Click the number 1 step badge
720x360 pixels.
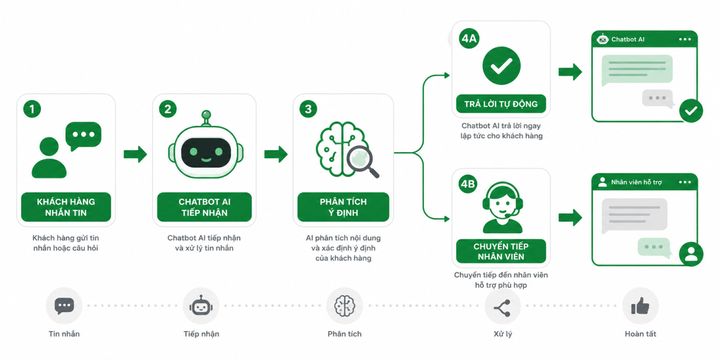(x=32, y=109)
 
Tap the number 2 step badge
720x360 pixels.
(x=168, y=109)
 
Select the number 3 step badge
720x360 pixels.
(x=308, y=109)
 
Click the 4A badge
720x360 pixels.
(x=469, y=39)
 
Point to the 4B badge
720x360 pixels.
(x=468, y=184)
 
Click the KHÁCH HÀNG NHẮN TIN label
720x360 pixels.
(x=66, y=207)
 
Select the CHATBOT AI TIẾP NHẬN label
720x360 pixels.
(x=205, y=207)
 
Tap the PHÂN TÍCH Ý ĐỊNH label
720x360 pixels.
(x=344, y=207)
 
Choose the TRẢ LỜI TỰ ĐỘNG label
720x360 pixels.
(x=501, y=104)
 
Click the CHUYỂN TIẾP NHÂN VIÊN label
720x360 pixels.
(x=501, y=251)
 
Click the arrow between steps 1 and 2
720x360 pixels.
(x=135, y=154)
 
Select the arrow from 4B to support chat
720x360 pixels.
(x=570, y=218)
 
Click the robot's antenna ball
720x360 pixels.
(x=206, y=114)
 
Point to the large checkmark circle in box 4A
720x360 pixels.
(x=501, y=66)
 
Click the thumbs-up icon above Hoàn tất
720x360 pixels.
(x=640, y=305)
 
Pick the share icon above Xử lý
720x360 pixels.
(x=502, y=308)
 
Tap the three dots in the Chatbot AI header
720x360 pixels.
(x=685, y=39)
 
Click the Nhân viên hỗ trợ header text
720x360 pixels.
(x=637, y=182)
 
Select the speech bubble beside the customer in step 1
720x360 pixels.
(x=83, y=135)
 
